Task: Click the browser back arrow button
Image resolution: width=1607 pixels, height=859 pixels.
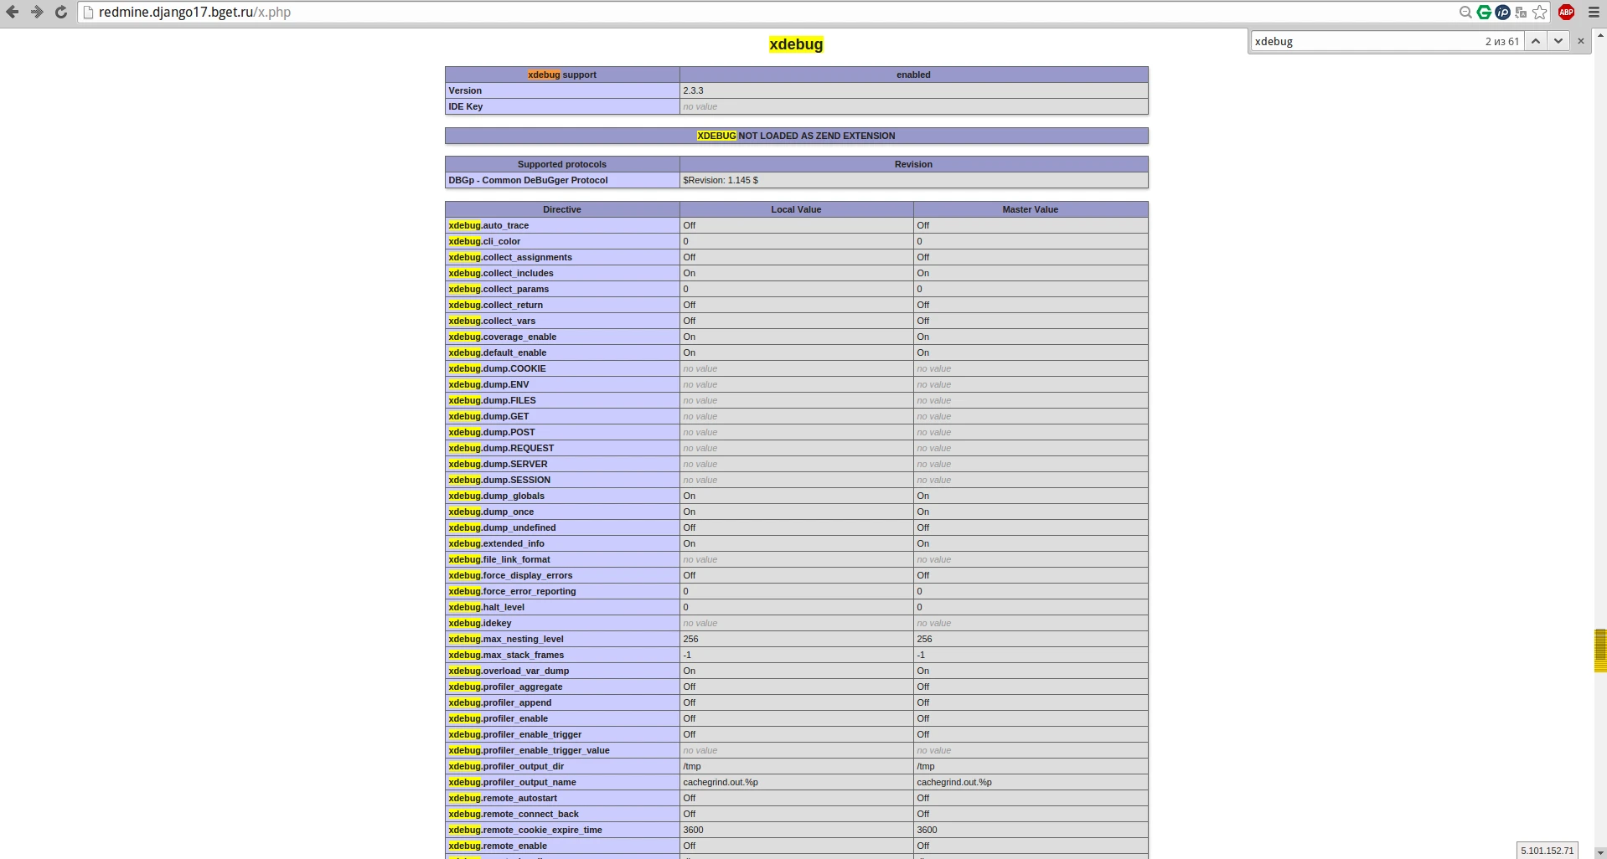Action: pyautogui.click(x=13, y=13)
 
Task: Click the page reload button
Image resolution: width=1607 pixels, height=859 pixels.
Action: pyautogui.click(x=61, y=13)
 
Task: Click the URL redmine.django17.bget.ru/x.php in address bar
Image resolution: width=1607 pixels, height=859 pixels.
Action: pyautogui.click(x=194, y=13)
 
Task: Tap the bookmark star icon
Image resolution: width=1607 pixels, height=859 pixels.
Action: pyautogui.click(x=1540, y=13)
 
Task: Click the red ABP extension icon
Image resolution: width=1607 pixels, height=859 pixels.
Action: pyautogui.click(x=1566, y=13)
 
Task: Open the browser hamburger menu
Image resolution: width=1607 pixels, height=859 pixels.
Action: pyautogui.click(x=1594, y=13)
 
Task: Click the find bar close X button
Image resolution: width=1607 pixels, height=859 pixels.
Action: pyautogui.click(x=1581, y=41)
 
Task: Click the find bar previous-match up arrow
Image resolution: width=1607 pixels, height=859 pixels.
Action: pyautogui.click(x=1536, y=41)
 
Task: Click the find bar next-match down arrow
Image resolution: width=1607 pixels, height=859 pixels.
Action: pyautogui.click(x=1558, y=41)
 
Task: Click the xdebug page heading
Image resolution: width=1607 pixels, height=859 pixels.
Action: pyautogui.click(x=796, y=44)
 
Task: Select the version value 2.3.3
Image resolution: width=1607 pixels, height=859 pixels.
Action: pyautogui.click(x=693, y=90)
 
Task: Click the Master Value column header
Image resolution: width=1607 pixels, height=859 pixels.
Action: pyautogui.click(x=1030, y=209)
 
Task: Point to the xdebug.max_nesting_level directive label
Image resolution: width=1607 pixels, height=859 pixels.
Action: pyautogui.click(x=506, y=639)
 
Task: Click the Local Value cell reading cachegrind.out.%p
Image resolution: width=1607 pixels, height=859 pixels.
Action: pyautogui.click(x=721, y=782)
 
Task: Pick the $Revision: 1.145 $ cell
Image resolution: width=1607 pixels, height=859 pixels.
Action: pyautogui.click(x=721, y=180)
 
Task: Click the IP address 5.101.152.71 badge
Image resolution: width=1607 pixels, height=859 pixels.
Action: pyautogui.click(x=1548, y=851)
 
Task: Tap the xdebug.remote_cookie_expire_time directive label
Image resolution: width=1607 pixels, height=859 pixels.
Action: pyautogui.click(x=525, y=830)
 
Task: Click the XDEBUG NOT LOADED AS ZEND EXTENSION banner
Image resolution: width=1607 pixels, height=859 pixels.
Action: pyautogui.click(x=796, y=136)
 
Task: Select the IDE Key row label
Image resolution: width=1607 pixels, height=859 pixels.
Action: pyautogui.click(x=466, y=106)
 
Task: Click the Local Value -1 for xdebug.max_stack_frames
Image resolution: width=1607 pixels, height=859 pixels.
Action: pyautogui.click(x=687, y=655)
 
